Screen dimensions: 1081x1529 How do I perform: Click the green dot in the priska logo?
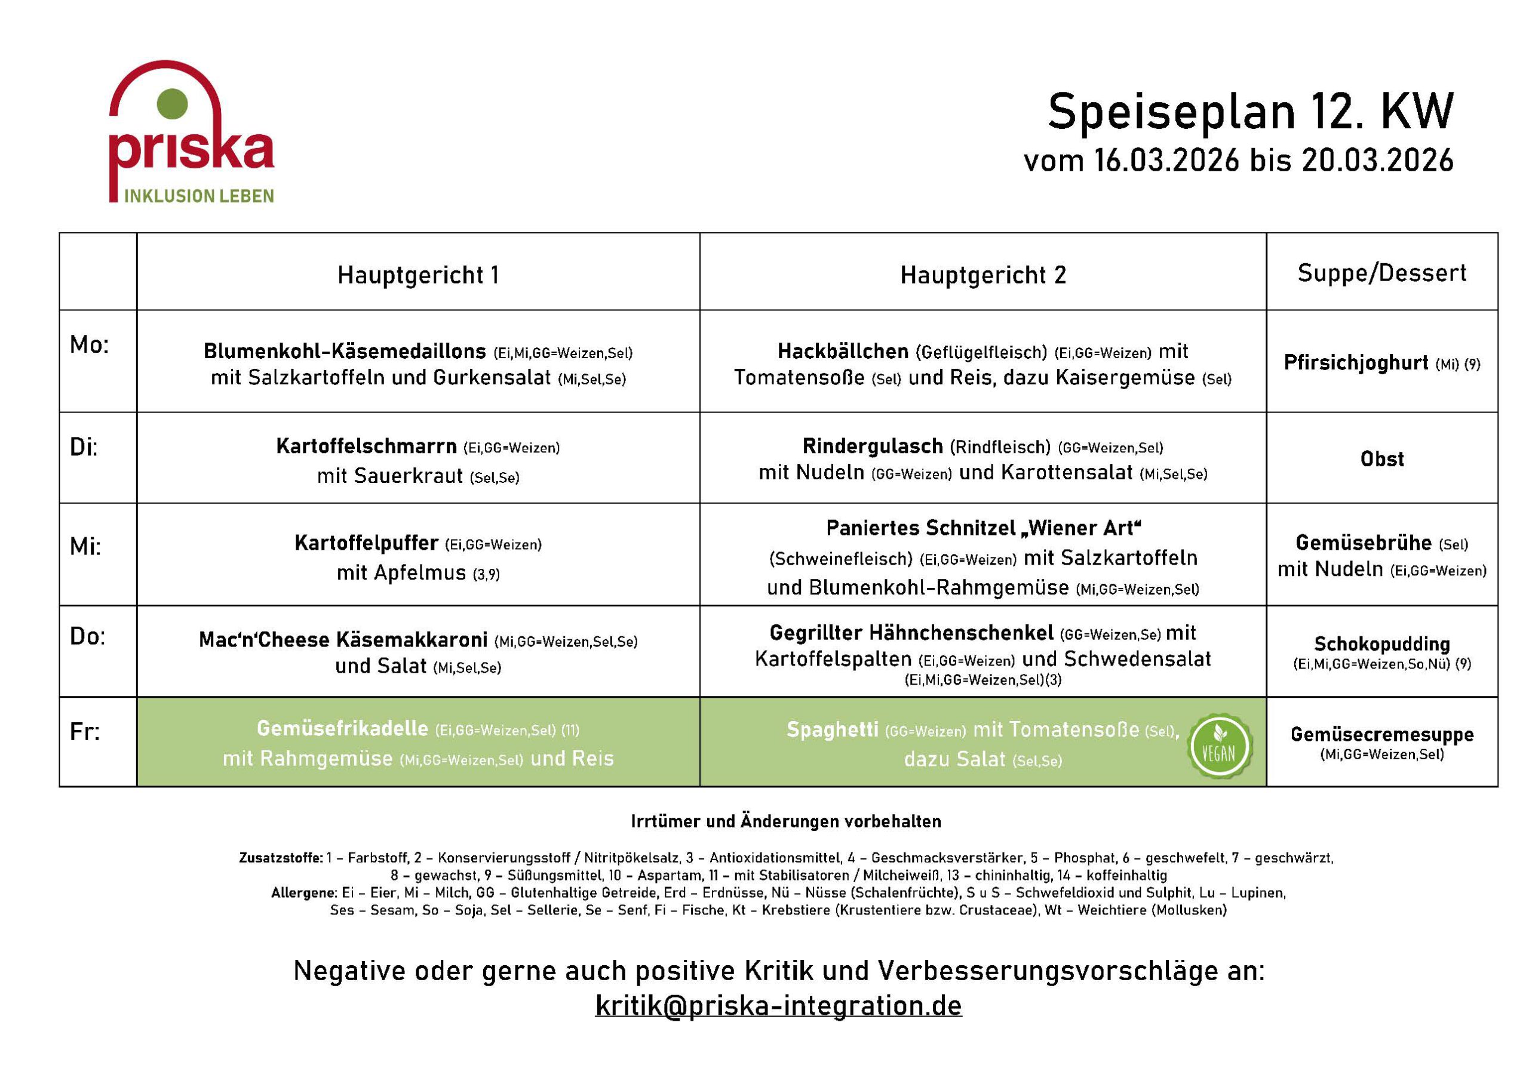pyautogui.click(x=172, y=104)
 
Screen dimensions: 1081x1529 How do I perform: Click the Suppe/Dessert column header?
pyautogui.click(x=1382, y=273)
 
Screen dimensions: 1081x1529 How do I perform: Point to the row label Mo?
pyautogui.click(x=88, y=345)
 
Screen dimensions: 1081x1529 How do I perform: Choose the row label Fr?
pyautogui.click(x=85, y=732)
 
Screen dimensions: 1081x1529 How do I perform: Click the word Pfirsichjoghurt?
pyautogui.click(x=1356, y=363)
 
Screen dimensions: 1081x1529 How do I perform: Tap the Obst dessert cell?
pyautogui.click(x=1382, y=458)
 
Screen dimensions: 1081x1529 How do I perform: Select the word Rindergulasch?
pyautogui.click(x=873, y=446)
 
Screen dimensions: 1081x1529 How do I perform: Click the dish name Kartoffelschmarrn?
pyautogui.click(x=366, y=446)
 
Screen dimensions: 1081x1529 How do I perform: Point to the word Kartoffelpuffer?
pyautogui.click(x=366, y=543)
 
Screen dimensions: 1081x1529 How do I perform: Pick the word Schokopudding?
pyautogui.click(x=1382, y=643)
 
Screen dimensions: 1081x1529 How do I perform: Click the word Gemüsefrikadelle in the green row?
pyautogui.click(x=342, y=729)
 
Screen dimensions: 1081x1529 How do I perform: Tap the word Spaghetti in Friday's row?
pyautogui.click(x=833, y=730)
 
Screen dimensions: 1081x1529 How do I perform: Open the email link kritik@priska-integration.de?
pyautogui.click(x=778, y=1006)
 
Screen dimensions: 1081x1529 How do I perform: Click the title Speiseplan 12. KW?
pyautogui.click(x=1250, y=112)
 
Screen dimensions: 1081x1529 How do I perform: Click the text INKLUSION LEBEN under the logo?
pyautogui.click(x=199, y=196)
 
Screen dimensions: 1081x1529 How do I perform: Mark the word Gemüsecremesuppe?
pyautogui.click(x=1382, y=734)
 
